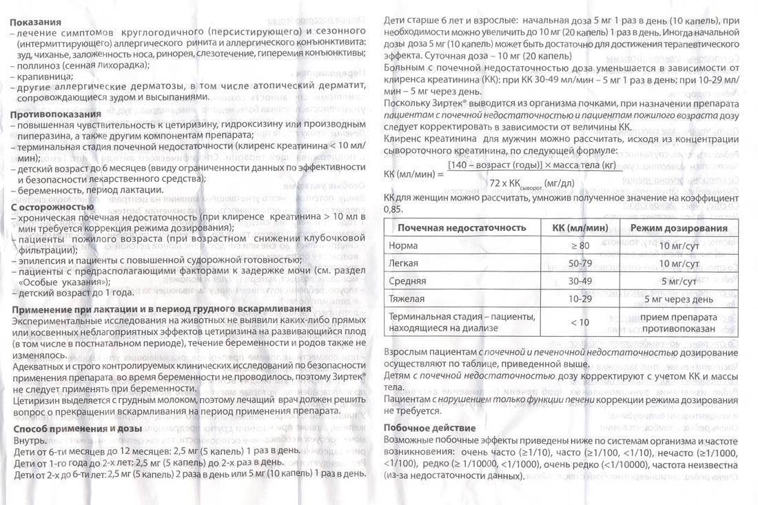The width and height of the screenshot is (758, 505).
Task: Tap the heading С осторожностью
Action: click(x=52, y=207)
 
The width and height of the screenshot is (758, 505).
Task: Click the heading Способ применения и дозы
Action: click(x=77, y=429)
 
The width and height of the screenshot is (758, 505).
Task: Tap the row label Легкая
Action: click(x=404, y=263)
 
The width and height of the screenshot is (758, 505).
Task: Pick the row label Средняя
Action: click(x=407, y=282)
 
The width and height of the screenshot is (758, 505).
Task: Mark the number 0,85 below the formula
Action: click(x=391, y=208)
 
